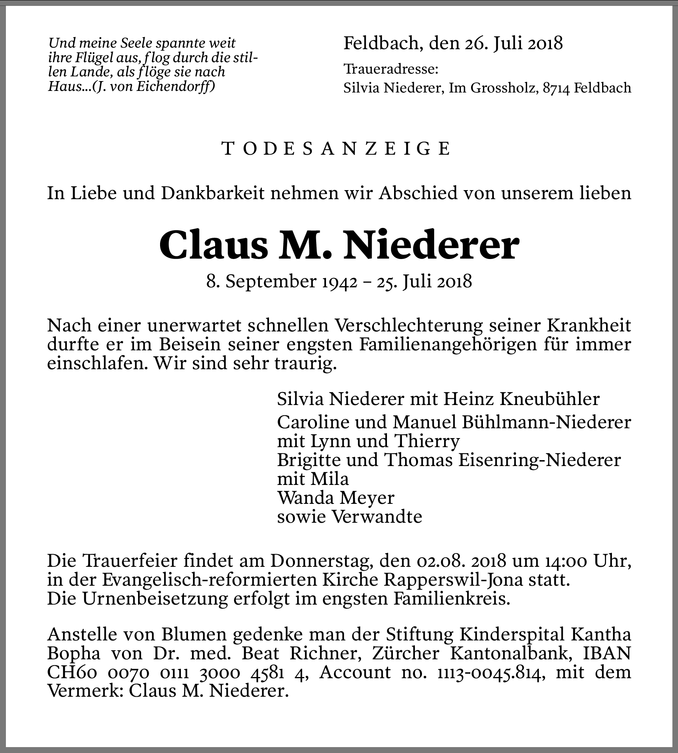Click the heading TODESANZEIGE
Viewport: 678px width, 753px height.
coord(336,149)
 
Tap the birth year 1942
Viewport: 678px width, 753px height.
coord(340,282)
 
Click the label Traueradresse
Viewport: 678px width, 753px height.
coord(391,70)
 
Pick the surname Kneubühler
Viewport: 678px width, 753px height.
coord(549,399)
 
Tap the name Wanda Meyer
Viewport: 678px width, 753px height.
coord(336,498)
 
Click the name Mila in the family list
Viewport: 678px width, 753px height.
coord(330,479)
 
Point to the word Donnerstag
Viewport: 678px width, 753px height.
coord(321,561)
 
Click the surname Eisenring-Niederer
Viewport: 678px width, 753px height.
coord(540,460)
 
